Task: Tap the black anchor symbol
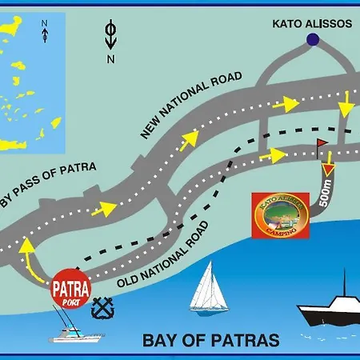pyautogui.click(x=102, y=307)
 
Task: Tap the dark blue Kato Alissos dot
pyautogui.click(x=312, y=39)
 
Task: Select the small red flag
pyautogui.click(x=322, y=144)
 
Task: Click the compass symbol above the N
pyautogui.click(x=110, y=36)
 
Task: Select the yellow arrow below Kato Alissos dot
pyautogui.click(x=346, y=102)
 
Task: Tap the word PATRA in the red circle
pyautogui.click(x=71, y=284)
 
